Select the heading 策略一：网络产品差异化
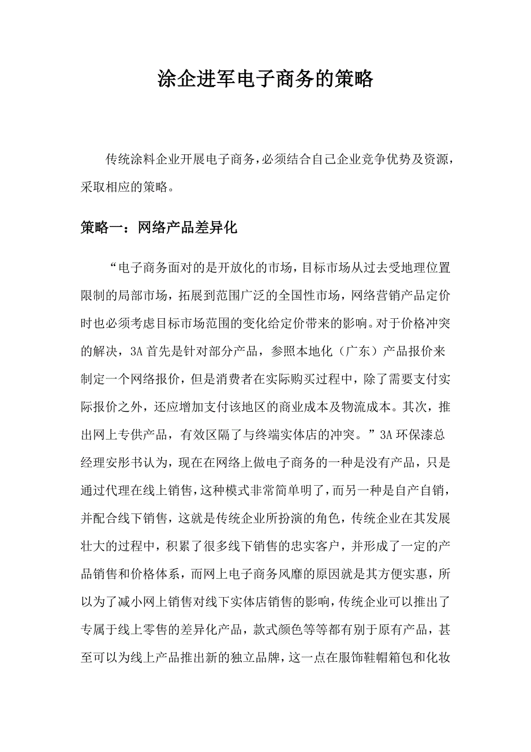159,228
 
